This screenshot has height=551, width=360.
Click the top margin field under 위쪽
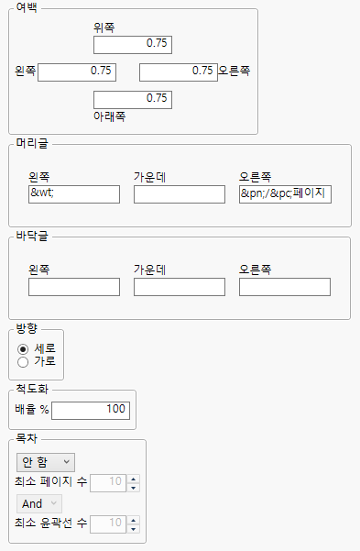[132, 44]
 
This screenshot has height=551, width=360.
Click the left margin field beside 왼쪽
[77, 72]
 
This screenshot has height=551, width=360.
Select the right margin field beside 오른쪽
[178, 72]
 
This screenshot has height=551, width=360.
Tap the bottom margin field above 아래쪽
[132, 99]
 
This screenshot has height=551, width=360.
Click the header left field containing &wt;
[74, 194]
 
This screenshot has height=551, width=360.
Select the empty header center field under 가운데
[180, 194]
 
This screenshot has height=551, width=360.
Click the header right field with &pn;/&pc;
[285, 194]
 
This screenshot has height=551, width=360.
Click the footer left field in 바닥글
[74, 288]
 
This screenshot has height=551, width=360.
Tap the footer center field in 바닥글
[180, 288]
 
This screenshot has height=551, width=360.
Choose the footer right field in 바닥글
[285, 288]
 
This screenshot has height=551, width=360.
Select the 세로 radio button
[23, 348]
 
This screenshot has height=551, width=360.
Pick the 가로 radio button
[23, 361]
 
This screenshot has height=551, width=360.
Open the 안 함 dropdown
[46, 461]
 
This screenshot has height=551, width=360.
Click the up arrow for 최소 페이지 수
[134, 478]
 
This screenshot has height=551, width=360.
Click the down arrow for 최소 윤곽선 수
[134, 528]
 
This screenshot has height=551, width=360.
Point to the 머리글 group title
[32, 143]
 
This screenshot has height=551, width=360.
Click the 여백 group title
[27, 8]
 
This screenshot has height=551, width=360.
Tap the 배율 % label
[31, 409]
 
